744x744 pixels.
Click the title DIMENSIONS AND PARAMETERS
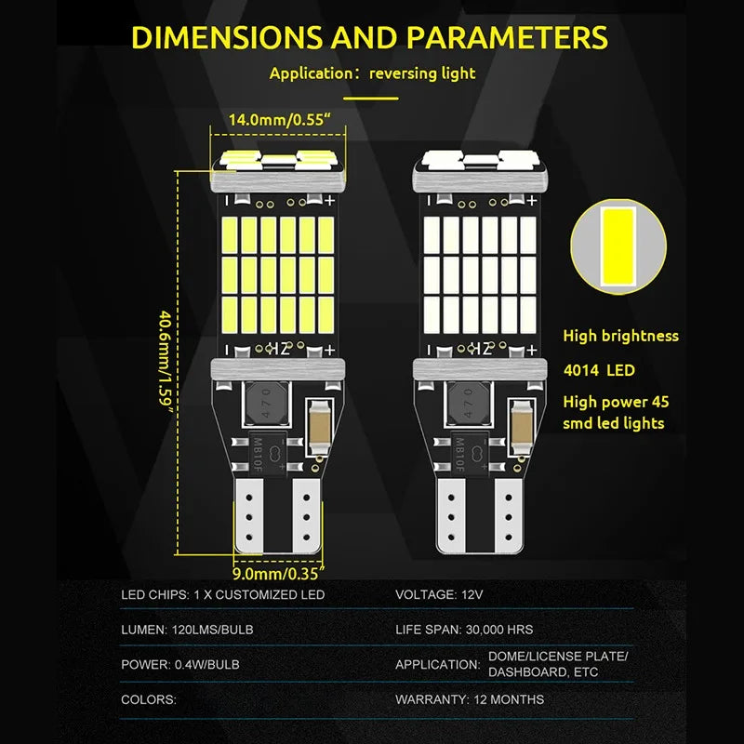coord(369,37)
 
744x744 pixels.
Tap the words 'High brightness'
coord(621,336)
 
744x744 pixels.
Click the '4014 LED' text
coord(600,370)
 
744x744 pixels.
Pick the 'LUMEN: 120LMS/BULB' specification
coord(187,629)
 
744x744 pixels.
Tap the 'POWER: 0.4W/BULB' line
coord(180,664)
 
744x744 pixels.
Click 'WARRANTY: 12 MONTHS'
coord(470,698)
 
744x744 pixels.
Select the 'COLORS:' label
coord(148,698)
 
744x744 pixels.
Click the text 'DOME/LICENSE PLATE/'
coord(558,657)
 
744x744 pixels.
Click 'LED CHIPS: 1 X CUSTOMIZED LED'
coord(223,593)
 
